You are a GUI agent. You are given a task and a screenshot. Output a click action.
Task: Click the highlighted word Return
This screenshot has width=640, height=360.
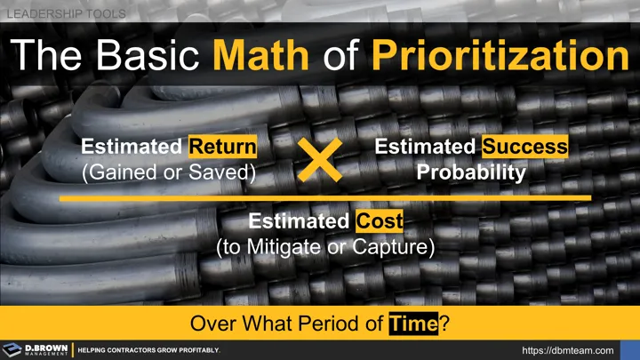point(223,147)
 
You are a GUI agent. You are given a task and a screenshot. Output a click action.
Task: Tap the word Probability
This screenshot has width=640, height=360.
point(471,172)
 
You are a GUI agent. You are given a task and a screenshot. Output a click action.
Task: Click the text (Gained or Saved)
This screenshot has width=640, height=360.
point(169,172)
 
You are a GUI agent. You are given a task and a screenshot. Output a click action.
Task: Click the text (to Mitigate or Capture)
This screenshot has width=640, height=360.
point(325,248)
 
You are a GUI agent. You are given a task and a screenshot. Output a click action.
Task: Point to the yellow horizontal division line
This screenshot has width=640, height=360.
point(325,198)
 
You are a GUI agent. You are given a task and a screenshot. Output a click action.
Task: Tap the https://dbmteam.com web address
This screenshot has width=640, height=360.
point(568,350)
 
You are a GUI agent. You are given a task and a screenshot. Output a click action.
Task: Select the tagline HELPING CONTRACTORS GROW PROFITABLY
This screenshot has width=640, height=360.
point(148,350)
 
